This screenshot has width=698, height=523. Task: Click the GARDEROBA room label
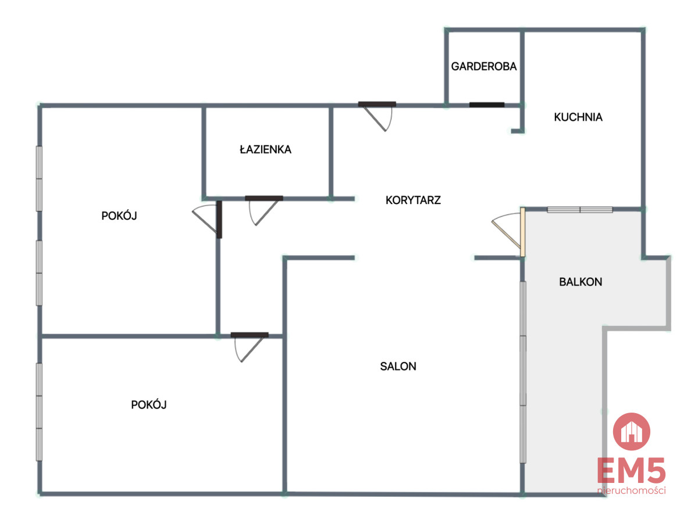pyautogui.click(x=483, y=66)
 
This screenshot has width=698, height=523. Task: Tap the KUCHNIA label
pyautogui.click(x=578, y=117)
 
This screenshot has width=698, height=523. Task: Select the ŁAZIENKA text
pyautogui.click(x=265, y=149)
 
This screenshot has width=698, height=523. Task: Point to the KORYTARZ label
pyautogui.click(x=413, y=200)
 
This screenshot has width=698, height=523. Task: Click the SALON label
pyautogui.click(x=398, y=366)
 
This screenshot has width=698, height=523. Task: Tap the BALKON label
pyautogui.click(x=581, y=282)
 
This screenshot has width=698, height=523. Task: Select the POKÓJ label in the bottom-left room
pyautogui.click(x=149, y=404)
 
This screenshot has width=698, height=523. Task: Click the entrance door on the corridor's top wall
pyautogui.click(x=377, y=116)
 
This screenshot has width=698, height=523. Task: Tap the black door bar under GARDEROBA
pyautogui.click(x=486, y=105)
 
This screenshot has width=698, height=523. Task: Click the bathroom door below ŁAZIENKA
pyautogui.click(x=263, y=210)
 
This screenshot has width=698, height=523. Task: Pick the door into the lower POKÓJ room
pyautogui.click(x=250, y=347)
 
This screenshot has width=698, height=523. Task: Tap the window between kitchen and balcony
pyautogui.click(x=580, y=210)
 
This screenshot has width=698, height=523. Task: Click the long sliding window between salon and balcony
pyautogui.click(x=523, y=372)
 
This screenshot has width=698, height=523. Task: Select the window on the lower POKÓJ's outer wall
pyautogui.click(x=39, y=412)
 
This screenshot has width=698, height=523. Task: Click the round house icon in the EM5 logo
pyautogui.click(x=631, y=432)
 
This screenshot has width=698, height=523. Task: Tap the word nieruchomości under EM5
pyautogui.click(x=631, y=490)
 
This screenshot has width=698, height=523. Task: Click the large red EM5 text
pyautogui.click(x=631, y=470)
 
